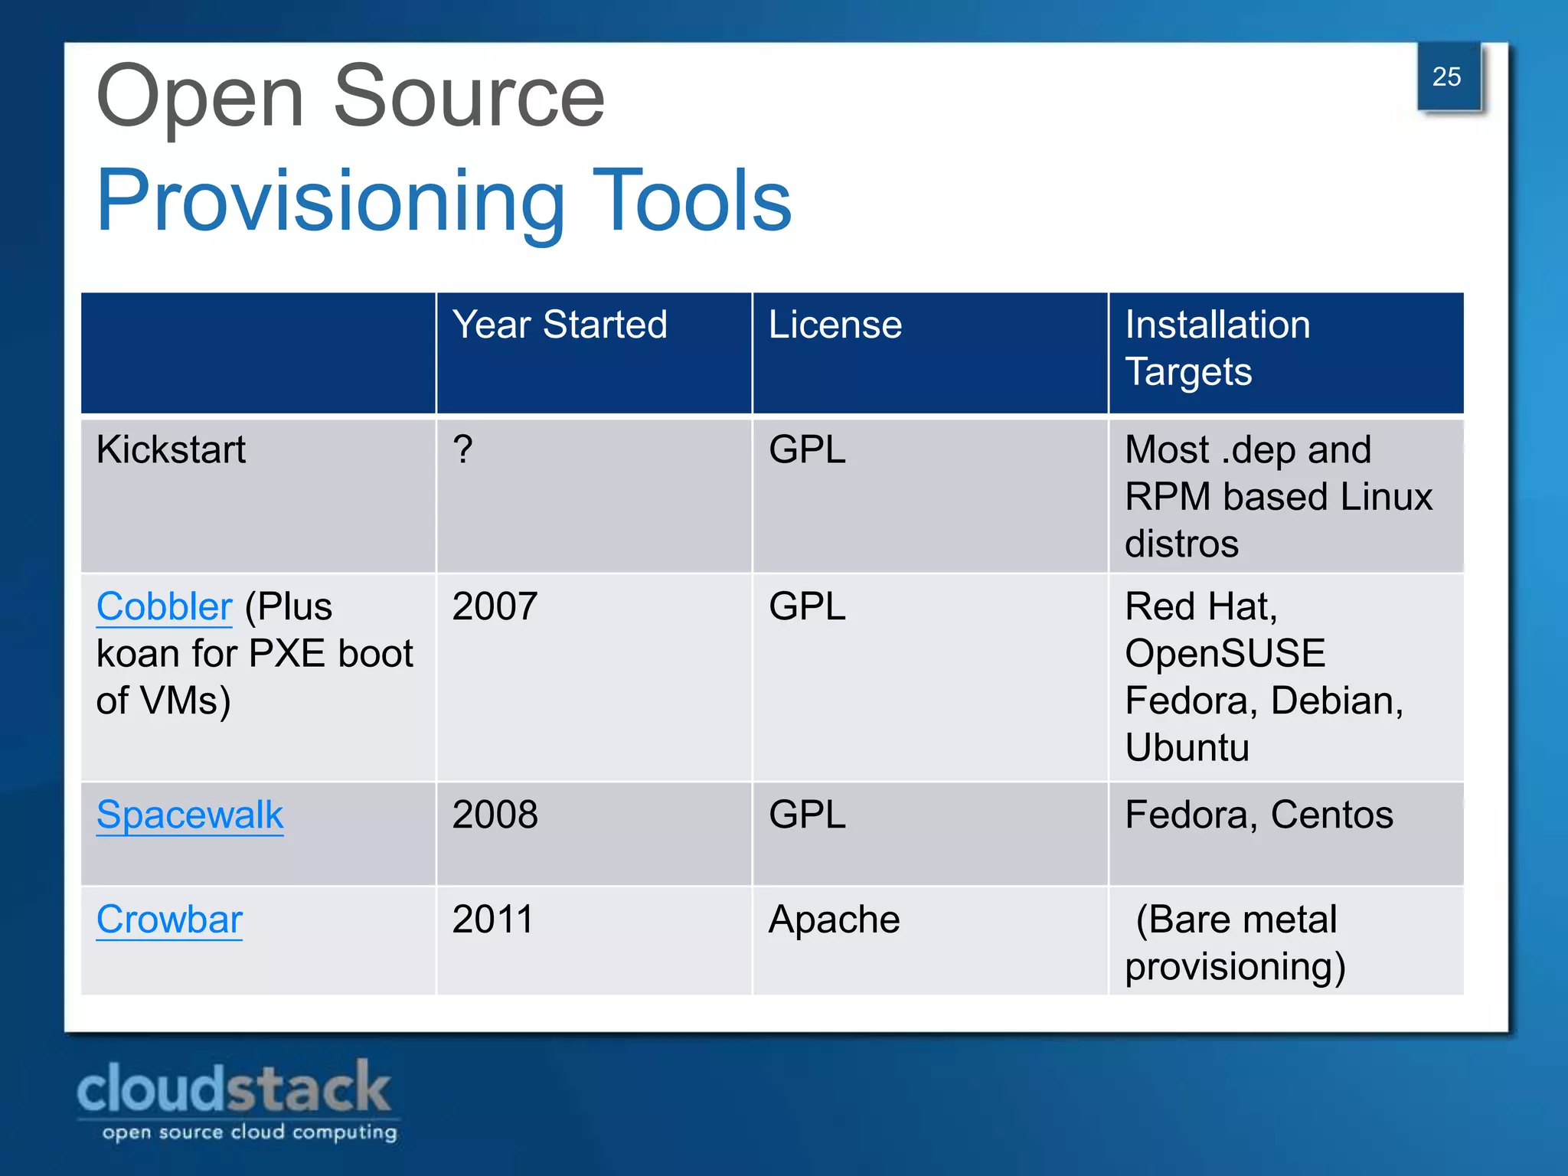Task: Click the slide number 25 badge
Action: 1447,77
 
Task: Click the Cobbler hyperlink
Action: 164,606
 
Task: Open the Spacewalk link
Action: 190,815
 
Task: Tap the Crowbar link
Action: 169,920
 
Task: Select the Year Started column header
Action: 560,325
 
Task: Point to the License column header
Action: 835,325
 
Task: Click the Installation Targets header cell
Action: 1217,348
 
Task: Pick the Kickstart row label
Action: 171,449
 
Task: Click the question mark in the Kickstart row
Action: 462,449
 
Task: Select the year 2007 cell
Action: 495,606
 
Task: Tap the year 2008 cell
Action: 495,815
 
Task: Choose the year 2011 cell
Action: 492,920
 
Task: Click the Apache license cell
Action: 834,920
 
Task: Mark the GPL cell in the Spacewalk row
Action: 807,815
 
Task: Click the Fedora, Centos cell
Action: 1259,815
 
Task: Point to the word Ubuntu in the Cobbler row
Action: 1187,748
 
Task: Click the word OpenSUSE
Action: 1225,654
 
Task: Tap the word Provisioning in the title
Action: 330,201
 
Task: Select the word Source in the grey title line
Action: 469,97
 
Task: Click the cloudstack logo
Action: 236,1099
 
